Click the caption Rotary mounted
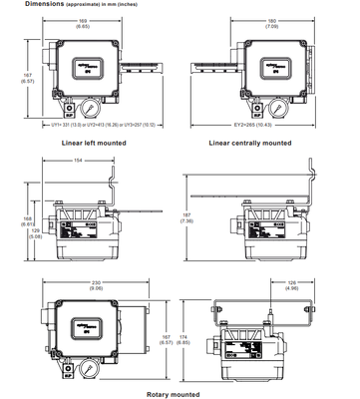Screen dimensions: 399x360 [179, 393]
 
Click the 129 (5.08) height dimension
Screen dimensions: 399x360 [35, 235]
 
